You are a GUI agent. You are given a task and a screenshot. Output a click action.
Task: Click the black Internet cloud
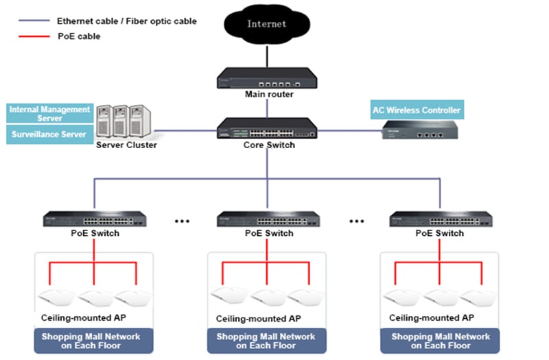coord(267,24)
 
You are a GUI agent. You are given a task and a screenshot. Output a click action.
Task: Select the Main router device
coord(267,77)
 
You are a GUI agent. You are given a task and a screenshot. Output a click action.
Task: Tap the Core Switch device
coord(267,128)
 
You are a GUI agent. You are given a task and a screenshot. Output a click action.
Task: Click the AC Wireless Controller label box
coord(417,110)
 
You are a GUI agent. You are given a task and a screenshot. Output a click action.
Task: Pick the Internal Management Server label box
coord(49,113)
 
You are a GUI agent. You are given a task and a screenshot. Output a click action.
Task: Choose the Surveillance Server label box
coord(49,134)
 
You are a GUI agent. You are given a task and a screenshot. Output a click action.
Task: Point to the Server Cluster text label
coord(126,145)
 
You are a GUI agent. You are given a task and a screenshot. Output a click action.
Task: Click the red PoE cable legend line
coord(34,36)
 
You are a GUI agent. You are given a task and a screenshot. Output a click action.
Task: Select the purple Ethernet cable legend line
coord(34,21)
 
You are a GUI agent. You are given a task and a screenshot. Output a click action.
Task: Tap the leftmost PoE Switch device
coord(95,219)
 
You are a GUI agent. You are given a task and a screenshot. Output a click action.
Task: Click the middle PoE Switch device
coord(268,219)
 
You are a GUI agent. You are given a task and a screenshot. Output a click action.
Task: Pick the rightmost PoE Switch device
coord(441,219)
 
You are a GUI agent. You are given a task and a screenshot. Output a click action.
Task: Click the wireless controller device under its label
coord(420,130)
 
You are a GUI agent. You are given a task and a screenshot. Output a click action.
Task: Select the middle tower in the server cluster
coord(121,121)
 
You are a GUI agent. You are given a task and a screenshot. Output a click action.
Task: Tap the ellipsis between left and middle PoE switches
coord(182,221)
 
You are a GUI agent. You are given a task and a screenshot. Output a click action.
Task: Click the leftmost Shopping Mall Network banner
coord(93,341)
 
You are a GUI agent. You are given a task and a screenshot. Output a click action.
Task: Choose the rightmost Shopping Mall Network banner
coord(440,341)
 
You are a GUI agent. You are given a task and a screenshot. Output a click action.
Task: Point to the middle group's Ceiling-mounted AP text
coord(259,319)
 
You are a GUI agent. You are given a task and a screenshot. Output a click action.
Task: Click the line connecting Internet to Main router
coord(267,56)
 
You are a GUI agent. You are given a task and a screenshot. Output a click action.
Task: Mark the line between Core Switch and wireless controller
coord(349,131)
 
